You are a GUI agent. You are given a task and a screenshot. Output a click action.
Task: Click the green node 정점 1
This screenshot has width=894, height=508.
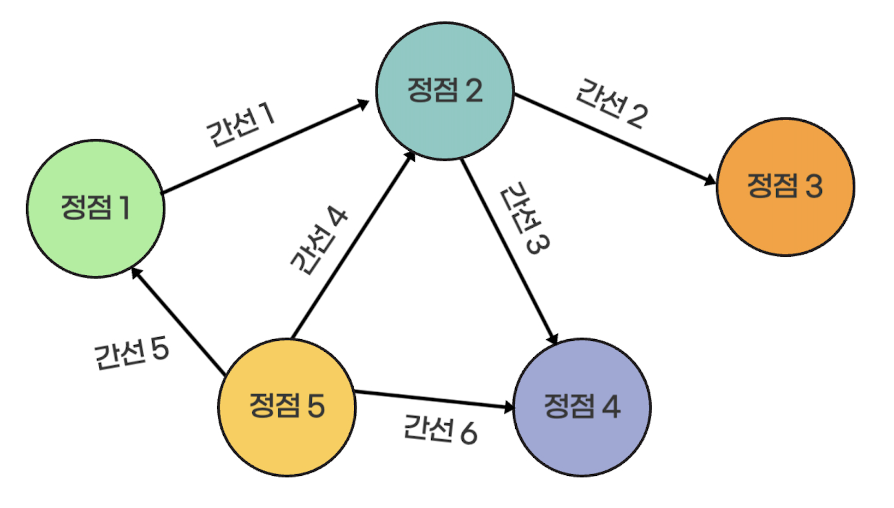point(96,209)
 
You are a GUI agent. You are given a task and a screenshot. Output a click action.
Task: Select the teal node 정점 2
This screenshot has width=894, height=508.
point(445,91)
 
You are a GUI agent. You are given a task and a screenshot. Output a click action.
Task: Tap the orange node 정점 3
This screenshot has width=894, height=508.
point(785,187)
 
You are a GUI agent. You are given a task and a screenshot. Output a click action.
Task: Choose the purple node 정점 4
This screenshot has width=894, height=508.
point(582,407)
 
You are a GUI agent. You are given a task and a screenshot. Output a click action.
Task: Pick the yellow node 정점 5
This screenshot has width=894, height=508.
point(287,407)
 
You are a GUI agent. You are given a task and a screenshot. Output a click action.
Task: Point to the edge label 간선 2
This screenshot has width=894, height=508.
point(612,104)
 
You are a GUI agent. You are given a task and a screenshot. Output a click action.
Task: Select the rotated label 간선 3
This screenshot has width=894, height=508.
point(525,218)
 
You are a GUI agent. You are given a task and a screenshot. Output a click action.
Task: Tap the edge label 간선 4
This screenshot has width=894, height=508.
point(319,240)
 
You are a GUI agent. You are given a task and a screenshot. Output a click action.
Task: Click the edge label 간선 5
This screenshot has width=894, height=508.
point(132,353)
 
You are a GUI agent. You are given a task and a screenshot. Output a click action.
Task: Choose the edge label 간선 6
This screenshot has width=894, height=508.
point(440,429)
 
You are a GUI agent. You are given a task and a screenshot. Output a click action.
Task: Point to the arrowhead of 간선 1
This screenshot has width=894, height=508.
point(363,104)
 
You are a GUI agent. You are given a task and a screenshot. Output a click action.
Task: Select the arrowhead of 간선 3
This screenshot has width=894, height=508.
point(553,339)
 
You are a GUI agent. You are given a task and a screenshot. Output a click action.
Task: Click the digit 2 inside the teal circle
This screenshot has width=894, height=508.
point(473,91)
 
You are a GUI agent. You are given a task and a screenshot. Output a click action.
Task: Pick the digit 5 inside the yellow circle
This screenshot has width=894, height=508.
point(316,406)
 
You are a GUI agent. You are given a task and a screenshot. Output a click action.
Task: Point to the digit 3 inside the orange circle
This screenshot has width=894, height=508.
point(813,186)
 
